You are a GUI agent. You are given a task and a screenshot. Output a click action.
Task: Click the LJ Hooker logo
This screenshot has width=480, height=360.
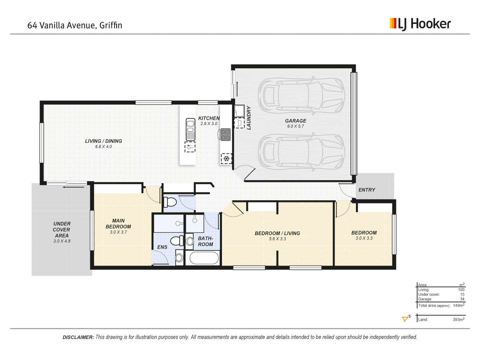click(420, 24)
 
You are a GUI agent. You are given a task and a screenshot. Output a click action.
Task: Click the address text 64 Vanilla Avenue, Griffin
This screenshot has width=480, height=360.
click(75, 25)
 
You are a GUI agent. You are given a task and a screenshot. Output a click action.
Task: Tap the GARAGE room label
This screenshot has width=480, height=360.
click(295, 121)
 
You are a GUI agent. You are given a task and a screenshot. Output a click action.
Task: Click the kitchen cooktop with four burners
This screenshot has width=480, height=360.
click(226, 135)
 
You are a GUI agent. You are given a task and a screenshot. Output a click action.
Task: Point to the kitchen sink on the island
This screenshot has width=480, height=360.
click(190, 129)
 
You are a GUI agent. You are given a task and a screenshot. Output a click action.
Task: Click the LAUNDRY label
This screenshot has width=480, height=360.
click(248, 118)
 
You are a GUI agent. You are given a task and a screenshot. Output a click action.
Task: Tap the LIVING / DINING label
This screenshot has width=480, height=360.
click(103, 141)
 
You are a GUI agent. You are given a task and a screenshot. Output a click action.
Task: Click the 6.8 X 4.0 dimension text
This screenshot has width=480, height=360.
click(103, 147)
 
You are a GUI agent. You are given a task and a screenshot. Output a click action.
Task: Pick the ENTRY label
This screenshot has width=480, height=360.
click(367, 190)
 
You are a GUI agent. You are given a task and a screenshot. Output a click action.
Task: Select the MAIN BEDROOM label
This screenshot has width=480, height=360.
click(118, 224)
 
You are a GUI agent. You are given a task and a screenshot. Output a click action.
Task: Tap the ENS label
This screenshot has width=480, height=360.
click(162, 247)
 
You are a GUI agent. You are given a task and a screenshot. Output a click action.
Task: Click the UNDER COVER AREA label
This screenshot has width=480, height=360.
click(62, 229)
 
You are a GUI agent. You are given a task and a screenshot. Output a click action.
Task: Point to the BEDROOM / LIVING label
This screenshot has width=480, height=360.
click(277, 233)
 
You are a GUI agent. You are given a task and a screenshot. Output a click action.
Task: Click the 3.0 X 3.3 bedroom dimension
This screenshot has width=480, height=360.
click(364, 238)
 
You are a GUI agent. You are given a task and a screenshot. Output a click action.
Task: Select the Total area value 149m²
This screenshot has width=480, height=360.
click(458, 305)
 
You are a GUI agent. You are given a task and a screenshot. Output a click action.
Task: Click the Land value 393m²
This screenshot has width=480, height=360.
click(458, 319)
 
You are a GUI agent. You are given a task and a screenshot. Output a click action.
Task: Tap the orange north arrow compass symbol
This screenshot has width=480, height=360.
click(406, 319)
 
